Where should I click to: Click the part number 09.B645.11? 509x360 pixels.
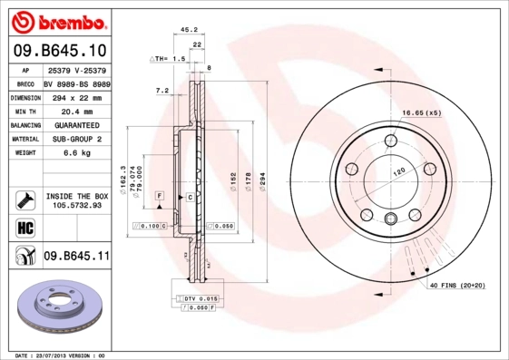[75, 258]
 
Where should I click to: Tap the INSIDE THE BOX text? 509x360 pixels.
[76, 196]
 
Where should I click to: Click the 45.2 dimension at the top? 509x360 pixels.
[189, 29]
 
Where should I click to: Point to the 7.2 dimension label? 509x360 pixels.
[163, 91]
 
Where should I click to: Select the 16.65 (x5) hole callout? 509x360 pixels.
[421, 113]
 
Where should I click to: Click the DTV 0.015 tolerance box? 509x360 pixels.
[201, 297]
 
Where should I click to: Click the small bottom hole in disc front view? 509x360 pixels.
[390, 218]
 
